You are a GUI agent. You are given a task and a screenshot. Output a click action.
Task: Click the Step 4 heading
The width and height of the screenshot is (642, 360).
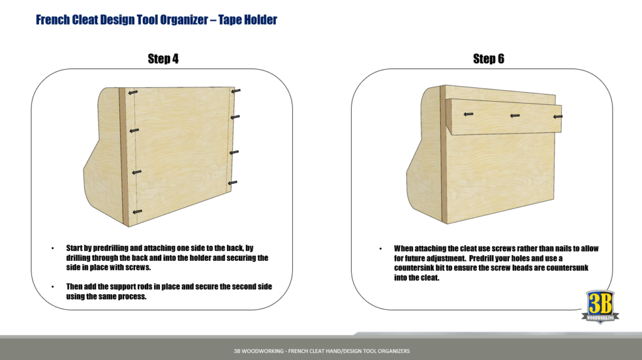[x=163, y=59]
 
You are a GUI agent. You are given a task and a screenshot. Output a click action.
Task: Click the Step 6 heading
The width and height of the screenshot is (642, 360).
[x=488, y=59]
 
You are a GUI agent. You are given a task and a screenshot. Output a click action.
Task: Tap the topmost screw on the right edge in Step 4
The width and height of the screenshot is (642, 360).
[x=236, y=92]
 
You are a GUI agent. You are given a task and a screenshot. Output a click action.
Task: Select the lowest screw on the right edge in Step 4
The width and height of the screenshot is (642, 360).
[x=233, y=183]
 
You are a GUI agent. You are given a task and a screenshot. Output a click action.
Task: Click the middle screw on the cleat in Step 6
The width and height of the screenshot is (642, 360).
[x=514, y=115]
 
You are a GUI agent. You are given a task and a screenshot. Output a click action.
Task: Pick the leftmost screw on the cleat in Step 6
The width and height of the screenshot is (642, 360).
[x=468, y=114]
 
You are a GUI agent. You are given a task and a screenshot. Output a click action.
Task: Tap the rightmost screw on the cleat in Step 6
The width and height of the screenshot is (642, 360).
[x=557, y=116]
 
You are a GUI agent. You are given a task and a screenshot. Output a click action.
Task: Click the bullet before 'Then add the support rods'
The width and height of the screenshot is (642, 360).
[x=53, y=287]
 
